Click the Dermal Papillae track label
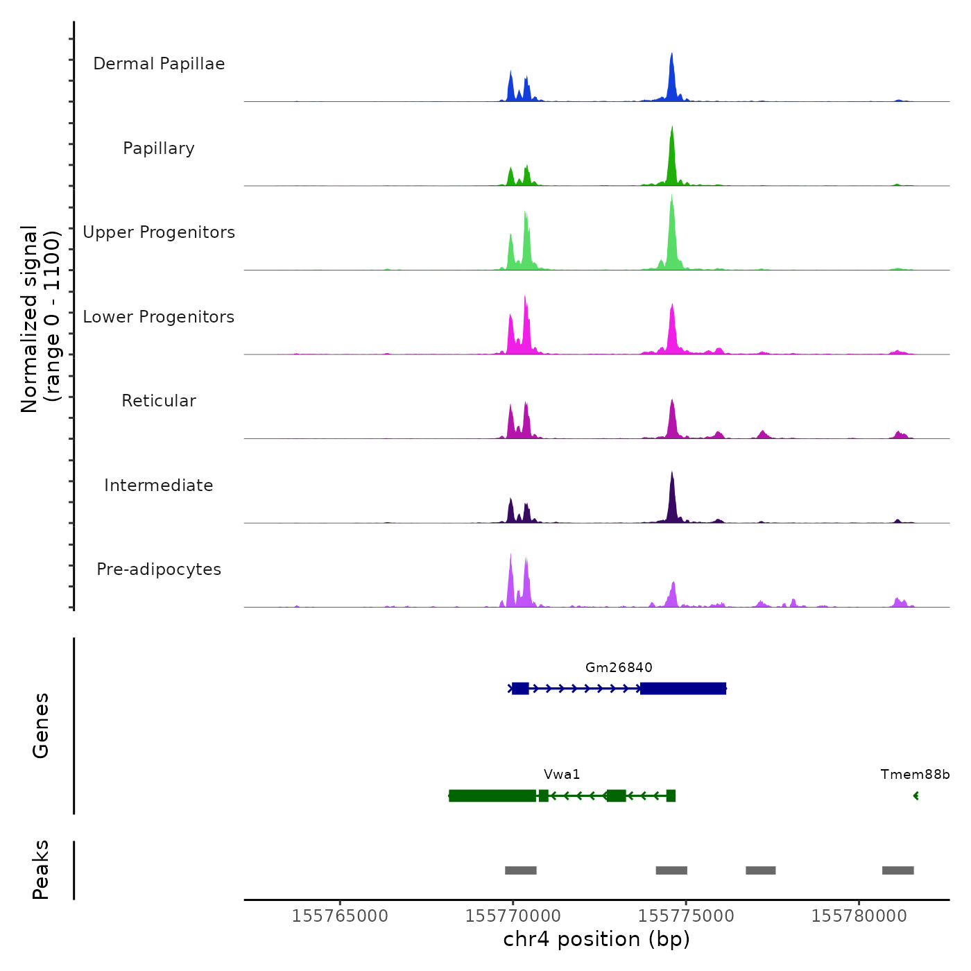point(159,64)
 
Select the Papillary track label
point(159,148)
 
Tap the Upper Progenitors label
point(159,232)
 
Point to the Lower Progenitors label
point(159,317)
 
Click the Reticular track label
point(159,401)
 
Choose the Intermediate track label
point(159,486)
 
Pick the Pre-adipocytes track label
point(159,569)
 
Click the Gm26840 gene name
point(619,668)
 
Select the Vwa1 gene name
point(562,775)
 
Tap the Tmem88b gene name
point(915,775)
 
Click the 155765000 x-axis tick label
point(340,916)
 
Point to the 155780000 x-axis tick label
point(859,916)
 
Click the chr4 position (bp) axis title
point(596,940)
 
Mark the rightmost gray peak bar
point(897,870)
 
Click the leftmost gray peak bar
point(520,870)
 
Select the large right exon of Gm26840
point(683,689)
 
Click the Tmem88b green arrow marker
point(916,796)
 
